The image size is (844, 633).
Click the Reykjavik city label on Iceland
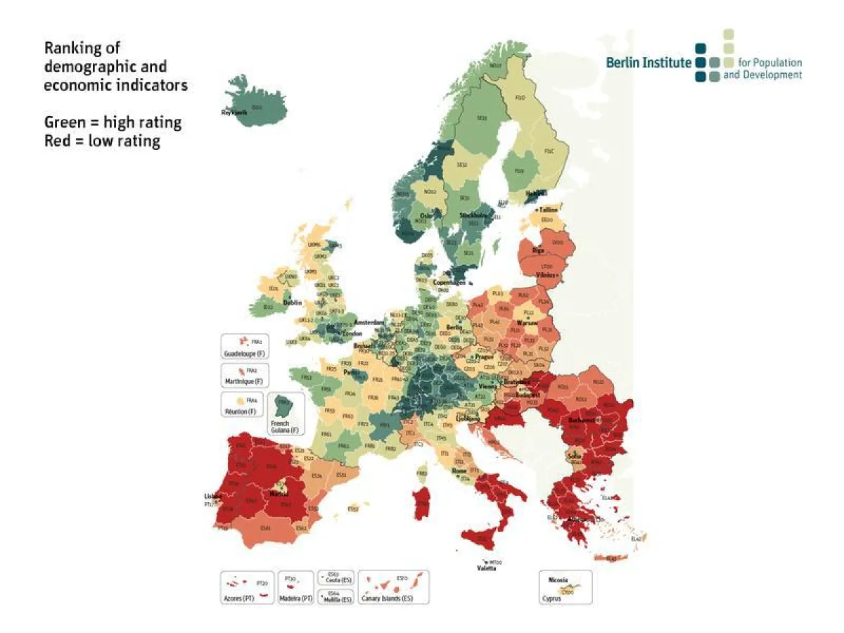click(x=234, y=113)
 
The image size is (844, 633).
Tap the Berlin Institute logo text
click(x=648, y=63)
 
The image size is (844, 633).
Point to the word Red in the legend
click(x=57, y=141)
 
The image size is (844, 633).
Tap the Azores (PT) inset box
click(x=246, y=587)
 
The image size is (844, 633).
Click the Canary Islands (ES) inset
click(x=394, y=587)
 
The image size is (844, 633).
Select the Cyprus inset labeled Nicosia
click(x=565, y=587)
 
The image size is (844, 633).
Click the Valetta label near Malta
click(x=487, y=568)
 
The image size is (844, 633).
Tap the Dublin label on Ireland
click(x=293, y=303)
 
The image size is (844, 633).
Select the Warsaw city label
click(x=527, y=323)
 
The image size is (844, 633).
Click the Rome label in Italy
click(x=459, y=471)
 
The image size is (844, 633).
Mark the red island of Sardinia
click(x=423, y=504)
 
